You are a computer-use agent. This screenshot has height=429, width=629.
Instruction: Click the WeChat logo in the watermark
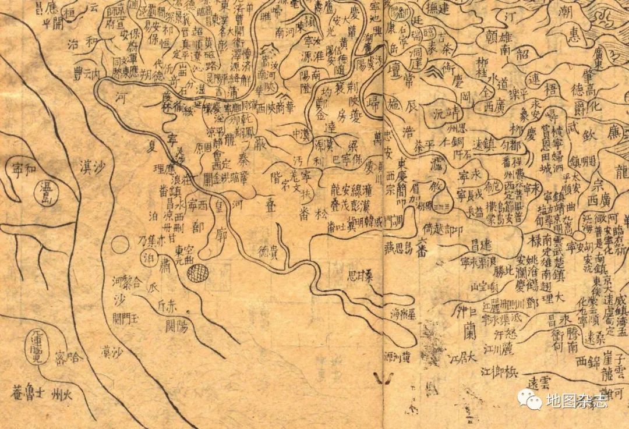tap(528, 399)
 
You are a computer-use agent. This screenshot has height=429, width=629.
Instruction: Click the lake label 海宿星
tap(402, 314)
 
